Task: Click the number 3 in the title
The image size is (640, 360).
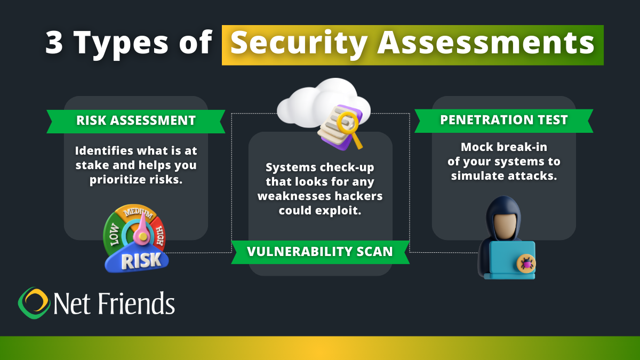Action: [54, 43]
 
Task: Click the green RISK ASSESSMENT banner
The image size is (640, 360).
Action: [135, 120]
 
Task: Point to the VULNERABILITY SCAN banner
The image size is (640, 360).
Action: [320, 251]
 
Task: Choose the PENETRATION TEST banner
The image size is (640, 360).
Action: [503, 119]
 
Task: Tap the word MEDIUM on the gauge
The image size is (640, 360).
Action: [138, 215]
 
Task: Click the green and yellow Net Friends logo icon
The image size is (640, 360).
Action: [34, 302]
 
